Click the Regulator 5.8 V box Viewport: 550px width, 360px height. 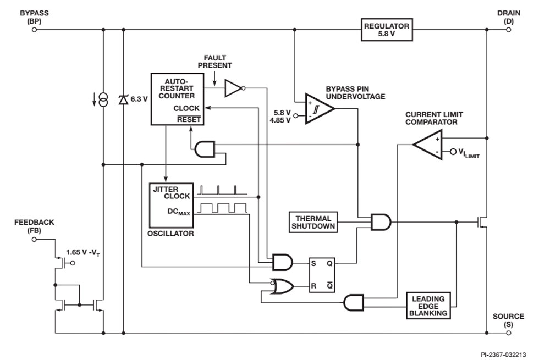(x=386, y=30)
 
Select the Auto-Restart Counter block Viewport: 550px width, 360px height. (x=177, y=99)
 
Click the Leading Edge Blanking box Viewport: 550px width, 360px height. (x=428, y=306)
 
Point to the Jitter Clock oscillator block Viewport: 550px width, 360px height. (x=171, y=204)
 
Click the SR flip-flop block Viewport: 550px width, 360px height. (x=322, y=275)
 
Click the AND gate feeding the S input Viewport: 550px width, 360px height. (x=282, y=263)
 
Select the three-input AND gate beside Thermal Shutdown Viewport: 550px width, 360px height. (x=381, y=222)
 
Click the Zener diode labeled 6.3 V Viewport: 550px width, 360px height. (x=123, y=100)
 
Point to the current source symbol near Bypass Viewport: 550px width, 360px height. (x=103, y=100)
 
